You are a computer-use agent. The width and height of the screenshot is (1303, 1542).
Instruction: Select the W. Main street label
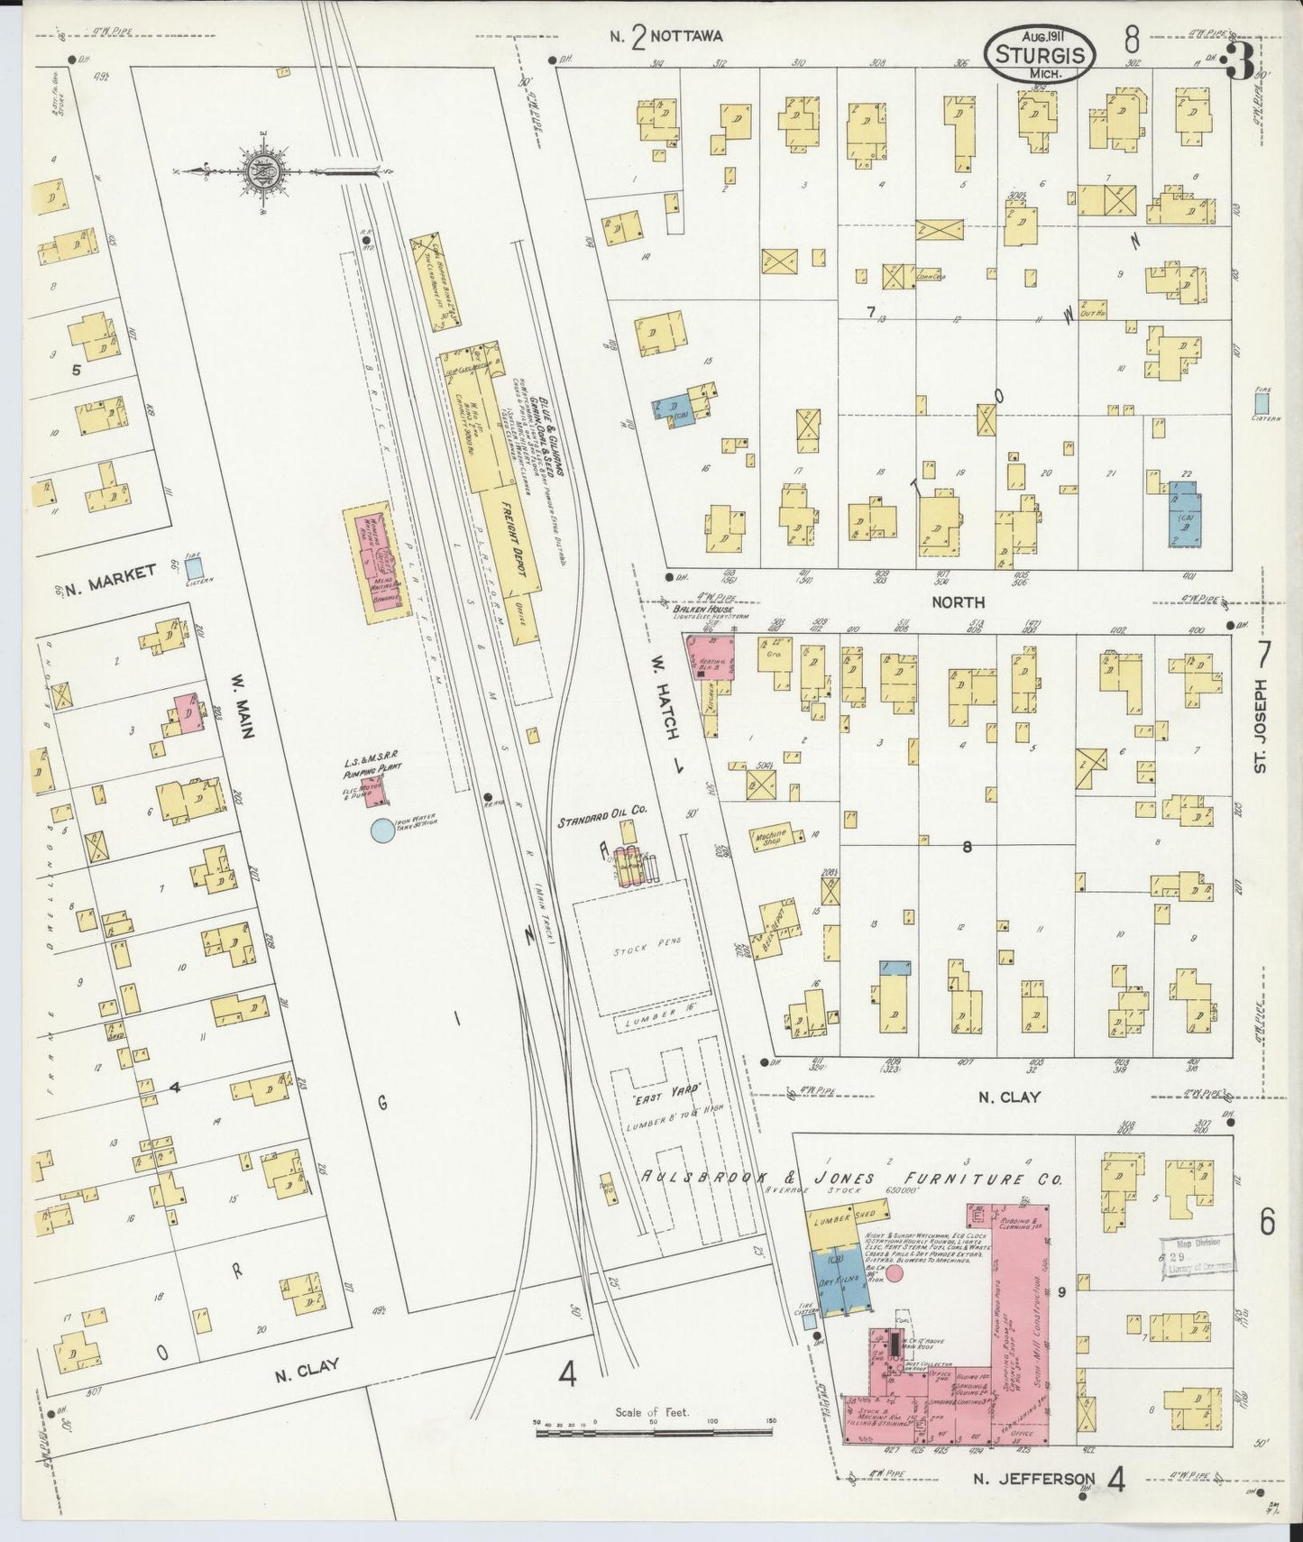(243, 696)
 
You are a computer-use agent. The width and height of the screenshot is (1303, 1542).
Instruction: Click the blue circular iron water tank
(382, 831)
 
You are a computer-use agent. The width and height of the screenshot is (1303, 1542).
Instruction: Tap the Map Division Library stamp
(1197, 1254)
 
